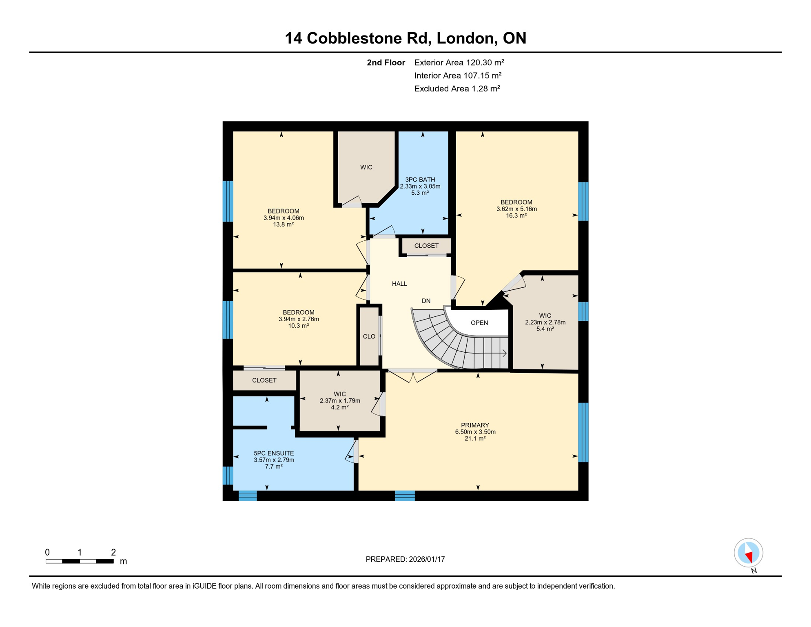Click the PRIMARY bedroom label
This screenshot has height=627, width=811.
tap(475, 425)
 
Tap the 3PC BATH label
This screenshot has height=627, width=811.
tap(420, 180)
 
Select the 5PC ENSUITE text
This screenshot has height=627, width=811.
tap(274, 453)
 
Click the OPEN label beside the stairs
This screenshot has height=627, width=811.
tap(479, 323)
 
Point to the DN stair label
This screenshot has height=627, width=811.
tap(426, 301)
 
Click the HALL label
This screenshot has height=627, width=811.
tap(399, 284)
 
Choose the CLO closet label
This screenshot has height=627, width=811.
tap(369, 337)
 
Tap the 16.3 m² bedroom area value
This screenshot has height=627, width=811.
tap(516, 216)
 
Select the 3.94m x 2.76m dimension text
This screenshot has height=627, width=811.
tap(299, 319)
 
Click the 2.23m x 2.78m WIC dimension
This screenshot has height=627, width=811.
tap(545, 322)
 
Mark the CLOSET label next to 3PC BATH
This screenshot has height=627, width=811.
tap(426, 246)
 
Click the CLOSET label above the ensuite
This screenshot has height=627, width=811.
tap(264, 380)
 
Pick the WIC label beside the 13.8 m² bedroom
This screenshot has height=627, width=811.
tap(366, 167)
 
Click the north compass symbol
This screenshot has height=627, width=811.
tap(748, 553)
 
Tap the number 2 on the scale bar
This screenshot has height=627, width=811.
tap(113, 552)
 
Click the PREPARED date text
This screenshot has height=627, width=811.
tap(405, 559)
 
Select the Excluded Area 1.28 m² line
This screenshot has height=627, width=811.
tap(457, 89)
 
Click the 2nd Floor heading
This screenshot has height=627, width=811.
tap(386, 62)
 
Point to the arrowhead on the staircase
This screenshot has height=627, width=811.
tap(505, 353)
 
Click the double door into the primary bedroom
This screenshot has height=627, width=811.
tap(412, 375)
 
